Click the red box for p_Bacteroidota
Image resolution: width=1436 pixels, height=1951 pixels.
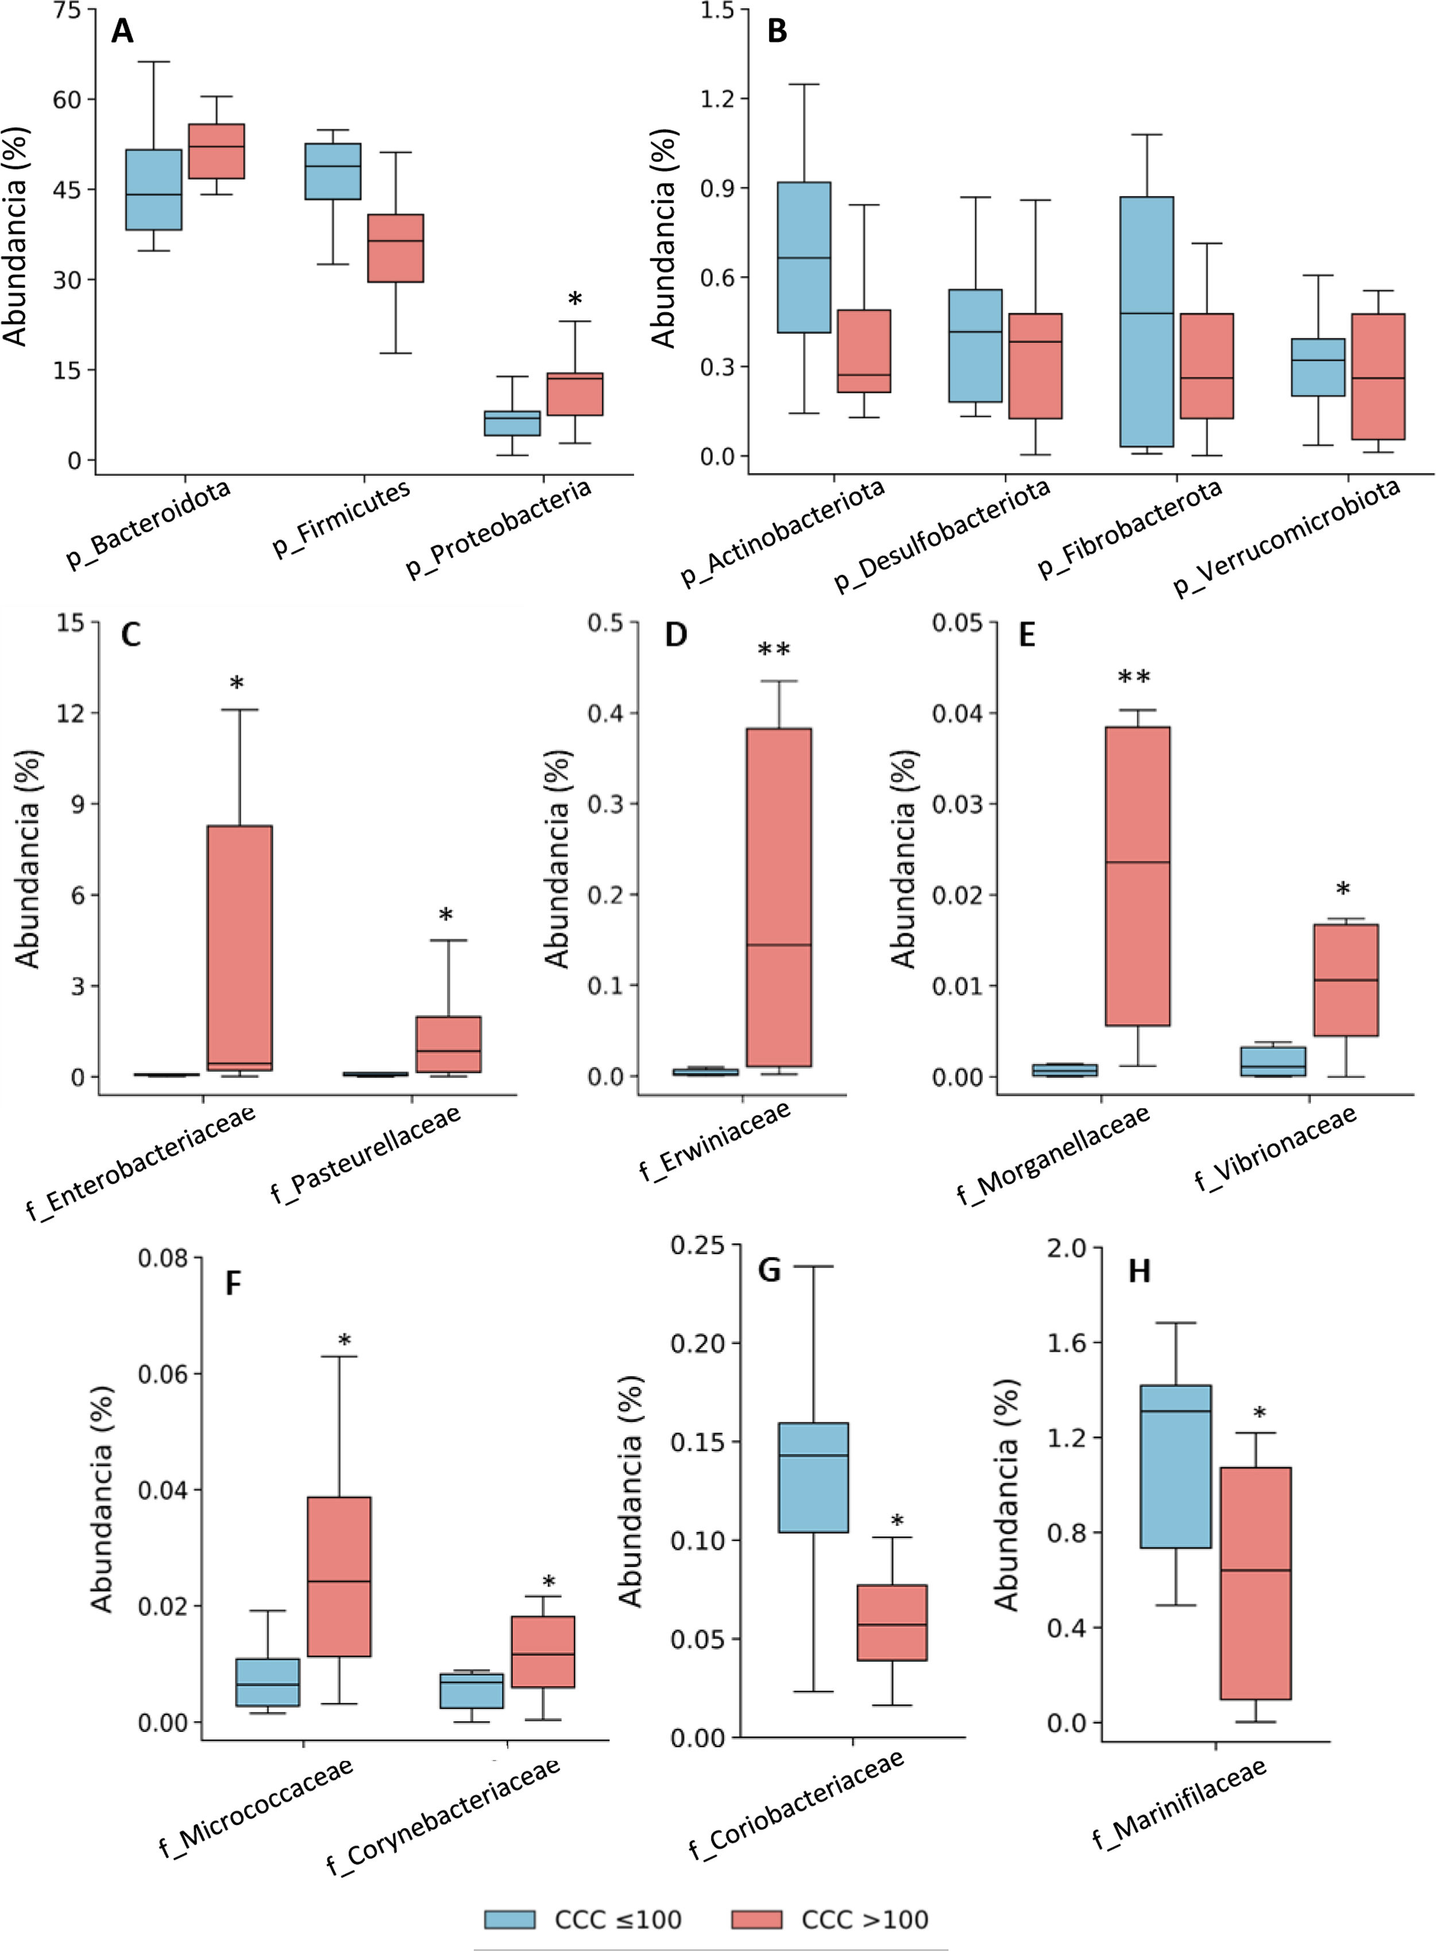217,151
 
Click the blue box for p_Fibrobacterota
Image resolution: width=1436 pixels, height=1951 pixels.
1147,322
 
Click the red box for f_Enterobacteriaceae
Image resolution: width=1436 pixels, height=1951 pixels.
239,948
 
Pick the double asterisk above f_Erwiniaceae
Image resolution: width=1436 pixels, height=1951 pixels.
774,651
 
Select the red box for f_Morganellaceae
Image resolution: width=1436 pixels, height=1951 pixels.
1137,876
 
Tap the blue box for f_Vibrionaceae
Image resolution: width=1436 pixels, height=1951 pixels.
1272,1061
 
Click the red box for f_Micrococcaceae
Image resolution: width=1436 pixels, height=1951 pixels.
338,1576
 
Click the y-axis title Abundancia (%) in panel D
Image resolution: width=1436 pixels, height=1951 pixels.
557,859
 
